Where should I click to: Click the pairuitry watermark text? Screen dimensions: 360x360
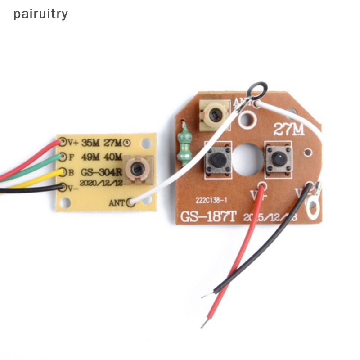tap(40, 14)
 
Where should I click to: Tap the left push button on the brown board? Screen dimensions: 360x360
tap(218, 159)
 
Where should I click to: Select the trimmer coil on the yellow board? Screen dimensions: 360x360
tap(136, 169)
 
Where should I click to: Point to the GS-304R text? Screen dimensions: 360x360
tap(102, 172)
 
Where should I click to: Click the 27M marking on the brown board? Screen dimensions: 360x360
tap(289, 130)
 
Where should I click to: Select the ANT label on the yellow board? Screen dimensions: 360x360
tap(117, 203)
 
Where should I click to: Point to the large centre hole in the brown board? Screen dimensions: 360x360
tap(247, 159)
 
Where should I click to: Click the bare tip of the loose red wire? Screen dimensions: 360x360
tap(205, 323)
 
